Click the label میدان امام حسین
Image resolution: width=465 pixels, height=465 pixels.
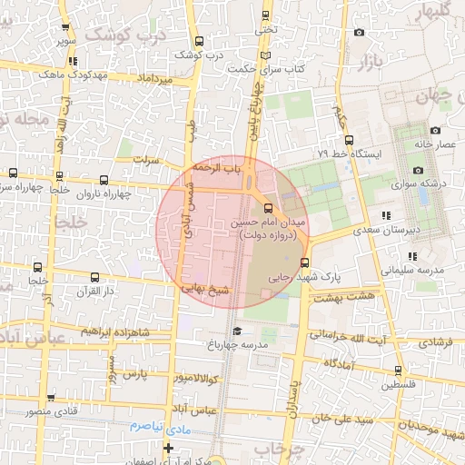coord(273,222)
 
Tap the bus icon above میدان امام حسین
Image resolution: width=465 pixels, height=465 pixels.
coord(266,207)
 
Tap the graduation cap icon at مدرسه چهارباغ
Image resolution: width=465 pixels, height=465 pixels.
coord(238,331)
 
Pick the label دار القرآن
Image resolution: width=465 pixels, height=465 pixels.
coord(94,292)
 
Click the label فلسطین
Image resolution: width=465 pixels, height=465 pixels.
coord(400,385)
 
